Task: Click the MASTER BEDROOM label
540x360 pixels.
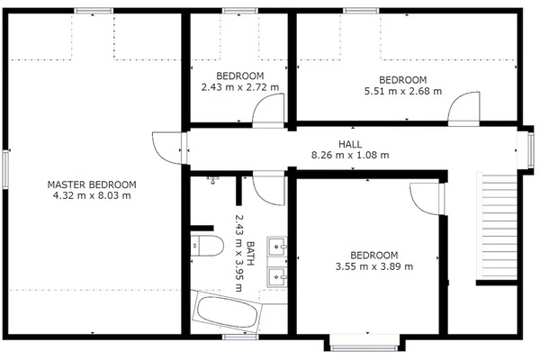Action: coord(92,184)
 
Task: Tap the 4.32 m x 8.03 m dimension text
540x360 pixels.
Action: coord(92,195)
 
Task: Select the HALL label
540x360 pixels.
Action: coord(350,144)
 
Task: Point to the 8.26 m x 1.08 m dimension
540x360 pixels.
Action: coord(350,155)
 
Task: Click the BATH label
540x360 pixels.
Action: coord(250,253)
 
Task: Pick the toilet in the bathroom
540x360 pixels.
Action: coord(207,246)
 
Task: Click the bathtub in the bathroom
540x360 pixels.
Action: coord(227,311)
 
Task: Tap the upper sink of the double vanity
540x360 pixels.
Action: coord(277,247)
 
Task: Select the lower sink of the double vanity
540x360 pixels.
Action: coord(277,276)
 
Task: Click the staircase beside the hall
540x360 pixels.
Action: coord(497,227)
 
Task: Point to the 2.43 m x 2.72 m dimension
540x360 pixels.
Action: coord(240,87)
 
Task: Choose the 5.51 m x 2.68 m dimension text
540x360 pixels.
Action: coord(403,91)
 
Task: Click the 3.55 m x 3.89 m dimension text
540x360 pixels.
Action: coord(374,266)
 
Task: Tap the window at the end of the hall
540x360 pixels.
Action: coord(531,150)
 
